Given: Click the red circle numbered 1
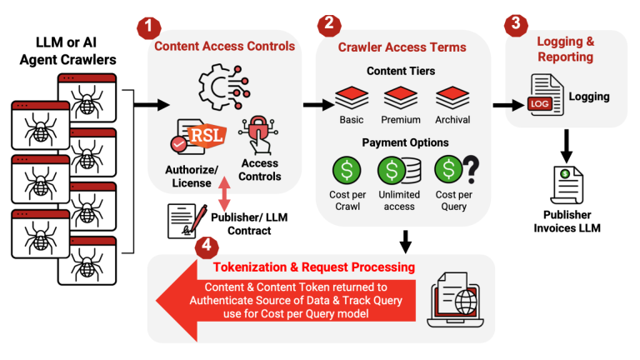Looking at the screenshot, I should tap(147, 26).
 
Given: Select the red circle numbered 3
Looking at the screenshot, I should tap(517, 24).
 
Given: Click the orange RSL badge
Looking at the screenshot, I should tap(204, 134).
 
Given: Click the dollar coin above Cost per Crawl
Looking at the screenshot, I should tap(347, 172).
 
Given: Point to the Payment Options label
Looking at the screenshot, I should tap(405, 142).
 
